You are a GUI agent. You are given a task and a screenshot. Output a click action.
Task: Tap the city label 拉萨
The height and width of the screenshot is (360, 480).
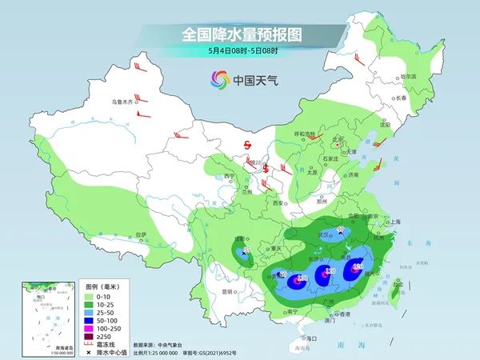141,234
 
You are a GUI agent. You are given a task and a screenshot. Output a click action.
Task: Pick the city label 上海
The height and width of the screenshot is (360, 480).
393,222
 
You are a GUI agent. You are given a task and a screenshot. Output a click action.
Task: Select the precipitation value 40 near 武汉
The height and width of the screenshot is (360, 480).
340,231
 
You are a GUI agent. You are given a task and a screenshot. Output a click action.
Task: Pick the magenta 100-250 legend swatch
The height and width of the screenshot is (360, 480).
90,327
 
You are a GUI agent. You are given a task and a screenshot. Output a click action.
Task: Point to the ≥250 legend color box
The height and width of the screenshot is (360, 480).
90,336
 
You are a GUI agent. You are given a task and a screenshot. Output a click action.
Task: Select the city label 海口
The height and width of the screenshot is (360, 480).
312,339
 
